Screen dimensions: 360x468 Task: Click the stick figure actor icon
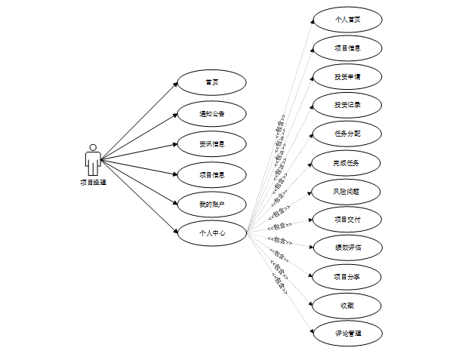click(93, 159)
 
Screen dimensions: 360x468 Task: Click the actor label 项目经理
click(93, 182)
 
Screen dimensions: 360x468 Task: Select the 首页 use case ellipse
click(211, 82)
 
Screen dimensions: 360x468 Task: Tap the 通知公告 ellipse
click(211, 114)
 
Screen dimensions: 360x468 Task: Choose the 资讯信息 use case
click(211, 143)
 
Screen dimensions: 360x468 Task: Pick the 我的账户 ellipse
click(211, 204)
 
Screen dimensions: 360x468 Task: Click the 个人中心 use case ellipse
click(211, 234)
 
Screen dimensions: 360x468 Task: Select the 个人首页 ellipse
click(347, 20)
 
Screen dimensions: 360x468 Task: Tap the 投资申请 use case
click(347, 77)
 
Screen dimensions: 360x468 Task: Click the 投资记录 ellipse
click(347, 105)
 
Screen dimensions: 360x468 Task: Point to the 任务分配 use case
click(347, 134)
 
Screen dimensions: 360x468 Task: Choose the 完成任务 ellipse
click(347, 162)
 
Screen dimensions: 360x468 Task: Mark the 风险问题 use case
click(347, 191)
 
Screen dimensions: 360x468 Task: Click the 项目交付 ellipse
click(347, 220)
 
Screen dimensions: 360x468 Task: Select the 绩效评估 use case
click(347, 247)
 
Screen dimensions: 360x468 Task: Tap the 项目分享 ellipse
click(347, 276)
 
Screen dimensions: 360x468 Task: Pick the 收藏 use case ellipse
click(347, 305)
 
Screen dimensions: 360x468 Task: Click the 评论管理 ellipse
click(347, 333)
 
